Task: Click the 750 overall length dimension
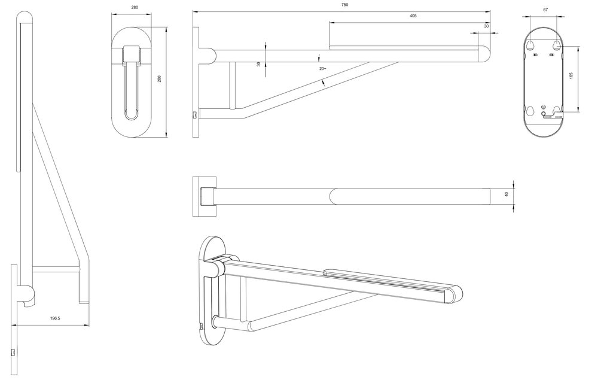(x=344, y=5)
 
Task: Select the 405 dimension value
(x=413, y=16)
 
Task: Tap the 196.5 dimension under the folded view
(x=55, y=318)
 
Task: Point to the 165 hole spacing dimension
(x=571, y=75)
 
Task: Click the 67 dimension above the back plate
(x=545, y=10)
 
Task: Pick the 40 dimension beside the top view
(x=507, y=194)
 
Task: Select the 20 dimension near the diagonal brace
(x=322, y=69)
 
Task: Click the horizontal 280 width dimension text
(x=135, y=7)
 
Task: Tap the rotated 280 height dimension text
(x=160, y=78)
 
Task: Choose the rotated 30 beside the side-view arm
(x=258, y=64)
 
